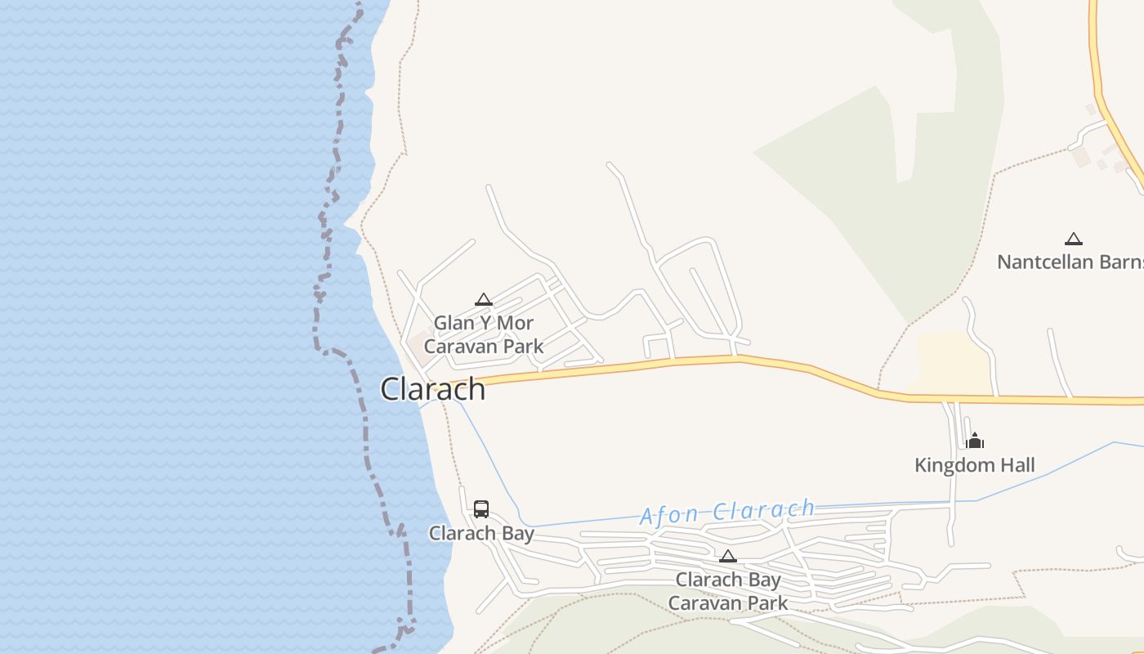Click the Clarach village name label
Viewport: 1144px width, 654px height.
click(433, 389)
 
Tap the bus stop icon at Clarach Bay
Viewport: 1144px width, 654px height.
click(481, 509)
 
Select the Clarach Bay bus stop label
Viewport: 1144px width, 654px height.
click(481, 534)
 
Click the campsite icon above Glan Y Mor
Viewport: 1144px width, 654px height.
click(484, 300)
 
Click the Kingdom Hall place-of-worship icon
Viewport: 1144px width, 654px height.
click(975, 441)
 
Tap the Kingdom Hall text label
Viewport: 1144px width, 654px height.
click(975, 466)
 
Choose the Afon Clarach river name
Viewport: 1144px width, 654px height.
click(727, 512)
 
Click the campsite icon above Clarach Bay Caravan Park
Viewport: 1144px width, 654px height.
click(727, 557)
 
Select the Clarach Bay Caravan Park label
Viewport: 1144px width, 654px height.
click(728, 591)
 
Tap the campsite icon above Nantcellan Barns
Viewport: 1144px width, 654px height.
click(1074, 239)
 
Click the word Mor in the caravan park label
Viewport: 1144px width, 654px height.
click(515, 323)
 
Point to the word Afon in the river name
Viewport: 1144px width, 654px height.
click(669, 515)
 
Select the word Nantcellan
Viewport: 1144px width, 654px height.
click(1045, 262)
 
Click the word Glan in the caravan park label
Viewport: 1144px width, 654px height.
click(454, 323)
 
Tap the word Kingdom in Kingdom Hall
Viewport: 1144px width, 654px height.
click(950, 466)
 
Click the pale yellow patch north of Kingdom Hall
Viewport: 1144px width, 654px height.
click(952, 360)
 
